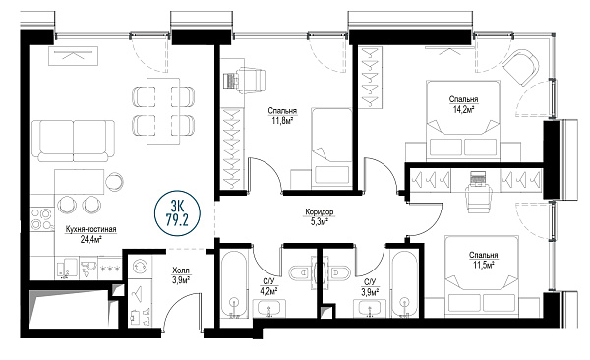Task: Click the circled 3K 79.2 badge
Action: (x=178, y=213)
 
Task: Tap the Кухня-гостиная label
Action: (x=90, y=229)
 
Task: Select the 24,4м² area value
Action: (x=91, y=239)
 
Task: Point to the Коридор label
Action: (x=319, y=212)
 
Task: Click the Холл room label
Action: (x=181, y=270)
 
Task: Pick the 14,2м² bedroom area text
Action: (x=463, y=109)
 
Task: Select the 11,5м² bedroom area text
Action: (x=484, y=266)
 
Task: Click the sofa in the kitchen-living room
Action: (x=74, y=142)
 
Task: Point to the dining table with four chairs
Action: (x=163, y=111)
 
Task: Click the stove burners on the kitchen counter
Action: (x=41, y=219)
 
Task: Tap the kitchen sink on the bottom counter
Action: (x=88, y=268)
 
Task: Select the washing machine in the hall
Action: (x=140, y=267)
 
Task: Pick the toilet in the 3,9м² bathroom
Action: (x=338, y=272)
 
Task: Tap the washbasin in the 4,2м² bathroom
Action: (x=269, y=310)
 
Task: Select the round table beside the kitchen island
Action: (x=114, y=182)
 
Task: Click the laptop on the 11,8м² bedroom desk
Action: (x=230, y=81)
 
